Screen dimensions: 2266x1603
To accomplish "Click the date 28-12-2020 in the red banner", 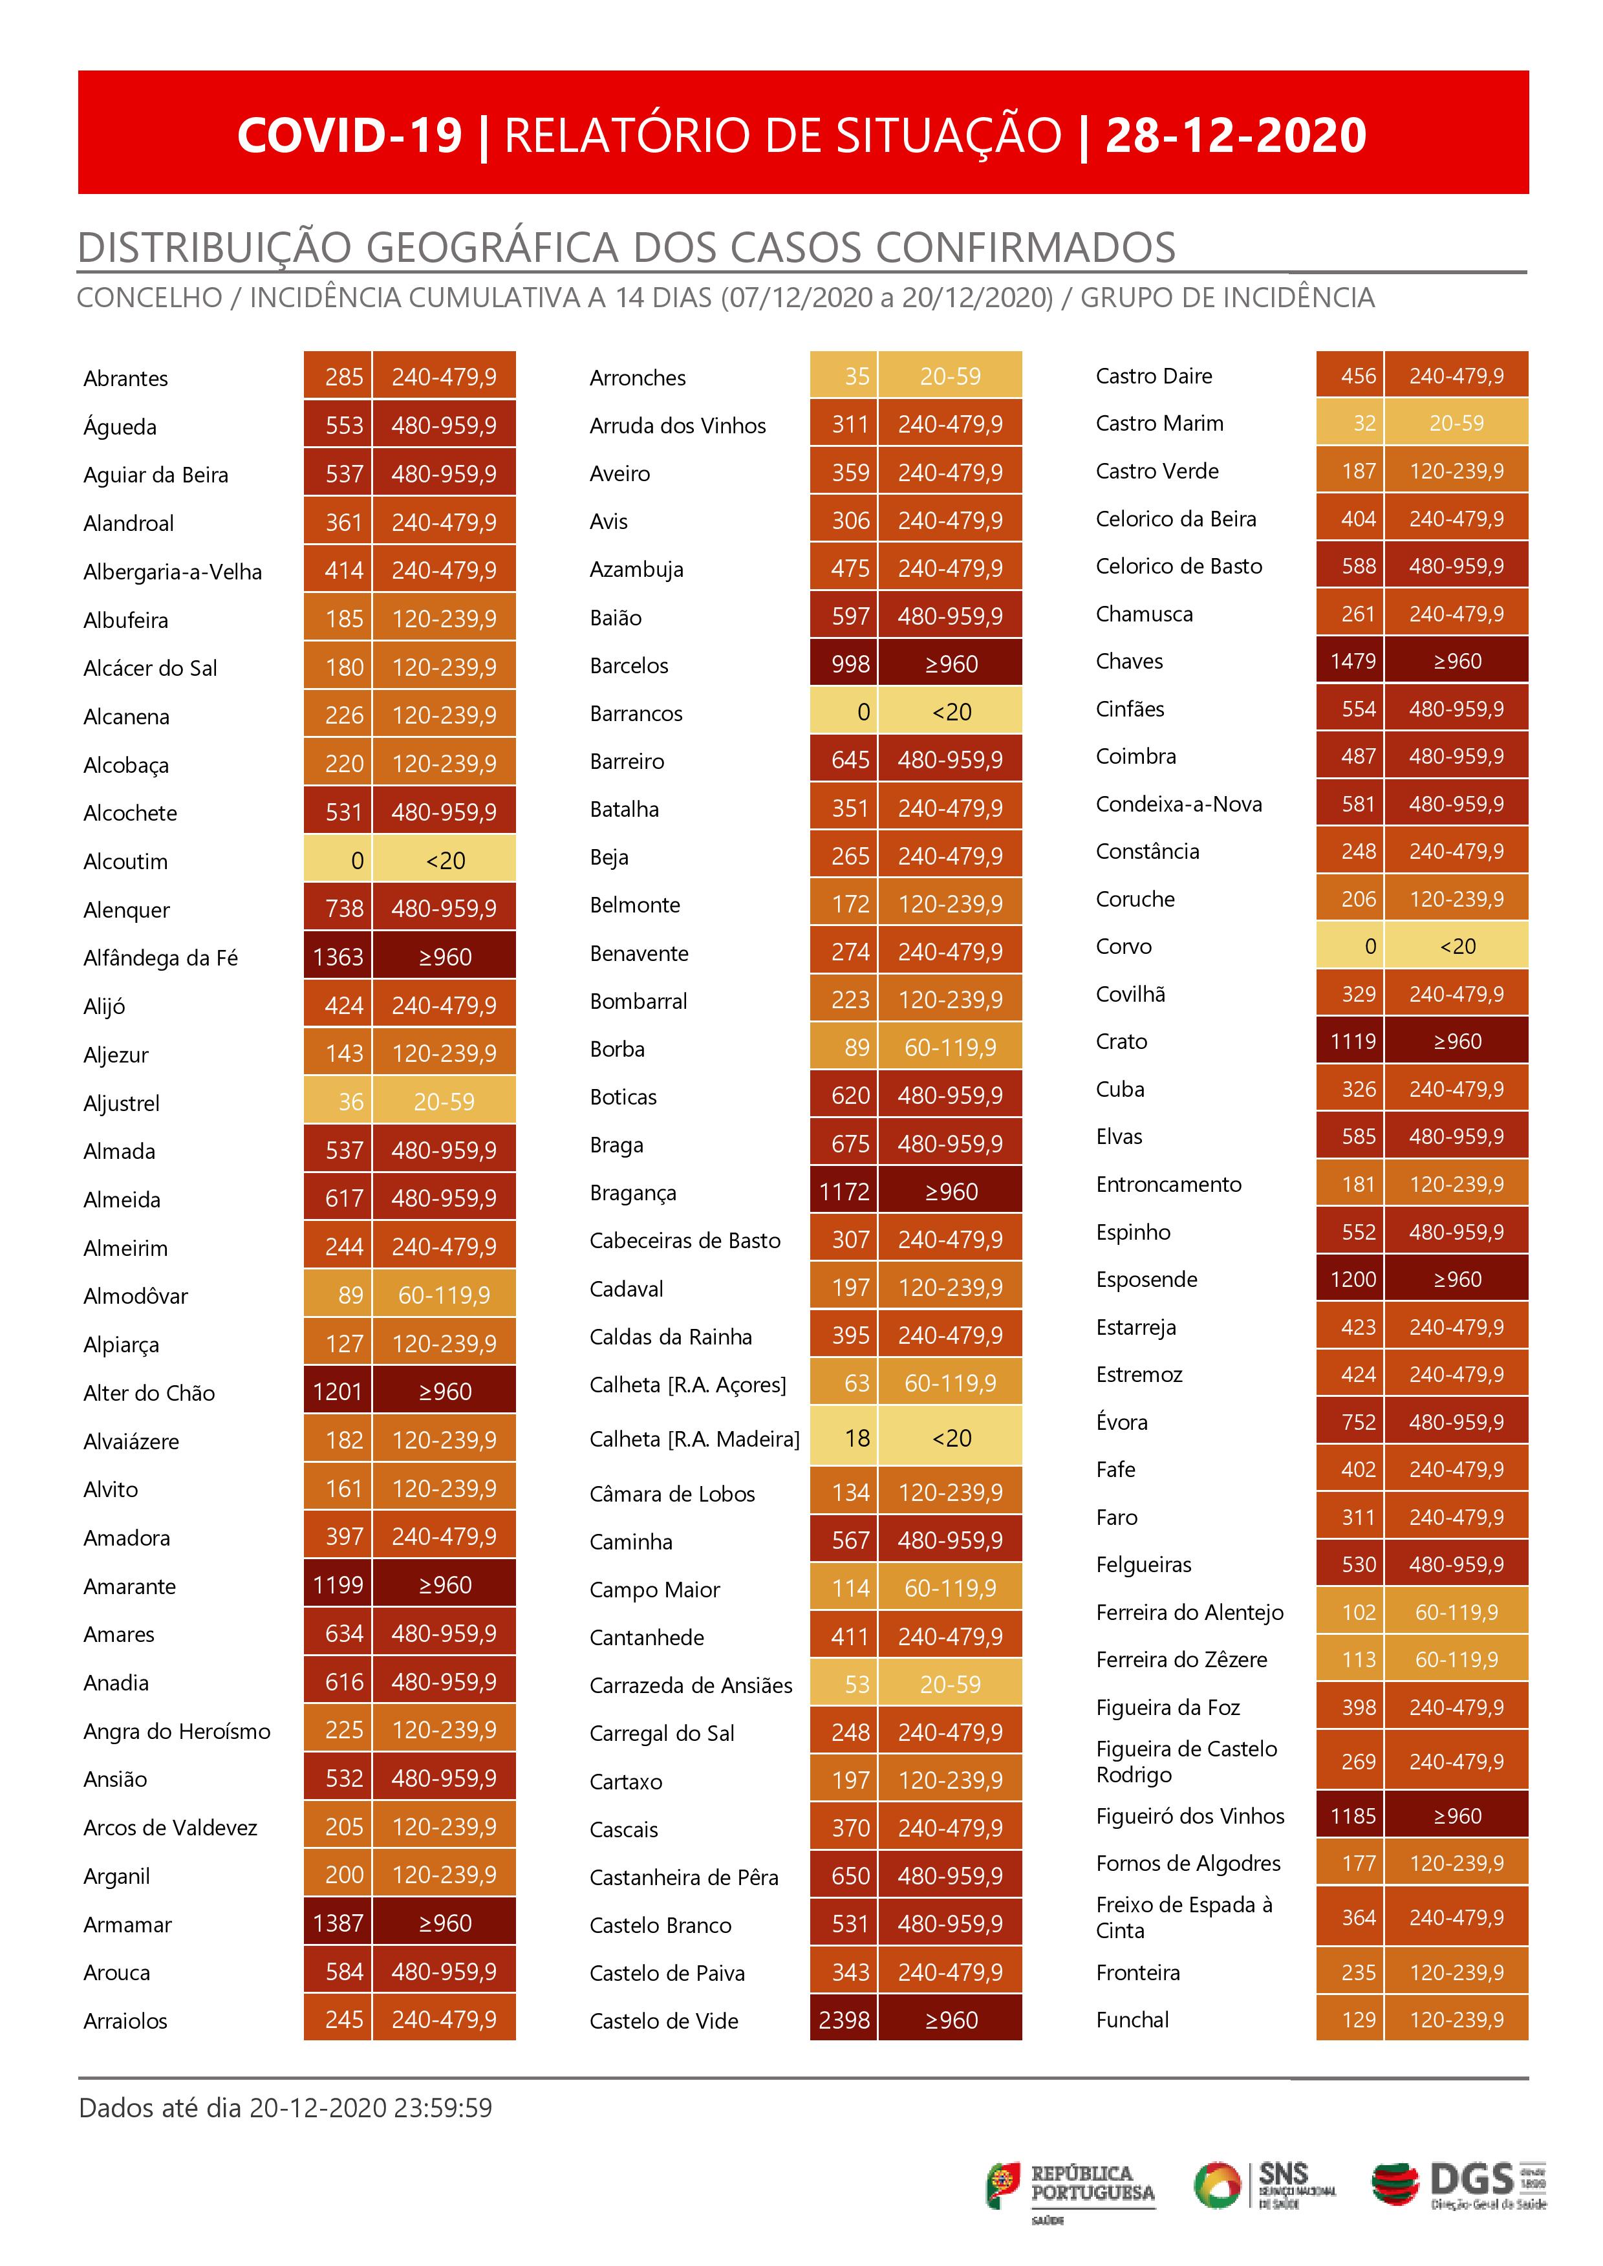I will pos(1235,135).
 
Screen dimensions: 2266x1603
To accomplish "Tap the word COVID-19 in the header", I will pos(349,135).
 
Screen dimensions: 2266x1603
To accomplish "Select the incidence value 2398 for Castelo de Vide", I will pos(844,2020).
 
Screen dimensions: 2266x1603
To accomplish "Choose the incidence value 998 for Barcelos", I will pos(850,664).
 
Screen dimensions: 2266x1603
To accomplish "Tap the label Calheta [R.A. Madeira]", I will pos(694,1439).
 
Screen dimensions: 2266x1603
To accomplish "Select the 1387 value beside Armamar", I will pos(338,1923).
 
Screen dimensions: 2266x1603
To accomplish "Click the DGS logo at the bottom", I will pos(1459,2186).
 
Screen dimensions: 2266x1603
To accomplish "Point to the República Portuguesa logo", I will pos(1070,2186).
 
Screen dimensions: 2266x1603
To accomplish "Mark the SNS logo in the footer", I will pos(1265,2185).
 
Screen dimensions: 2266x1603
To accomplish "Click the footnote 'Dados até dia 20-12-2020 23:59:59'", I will pos(285,2109).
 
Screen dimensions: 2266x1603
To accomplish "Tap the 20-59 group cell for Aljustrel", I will pos(444,1101).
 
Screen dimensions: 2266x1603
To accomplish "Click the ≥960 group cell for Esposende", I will pos(1457,1279).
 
